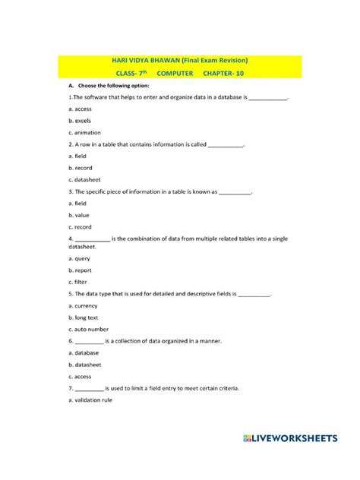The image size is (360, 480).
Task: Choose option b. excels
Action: point(80,121)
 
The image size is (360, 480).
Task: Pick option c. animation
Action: point(86,132)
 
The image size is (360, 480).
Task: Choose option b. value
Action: point(79,215)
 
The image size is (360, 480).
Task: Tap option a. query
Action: point(80,258)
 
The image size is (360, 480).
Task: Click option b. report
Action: point(81,270)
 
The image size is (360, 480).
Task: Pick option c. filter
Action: point(78,282)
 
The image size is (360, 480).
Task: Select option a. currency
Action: point(84,305)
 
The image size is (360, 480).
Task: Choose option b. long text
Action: point(85,317)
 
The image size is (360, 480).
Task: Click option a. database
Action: point(84,352)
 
